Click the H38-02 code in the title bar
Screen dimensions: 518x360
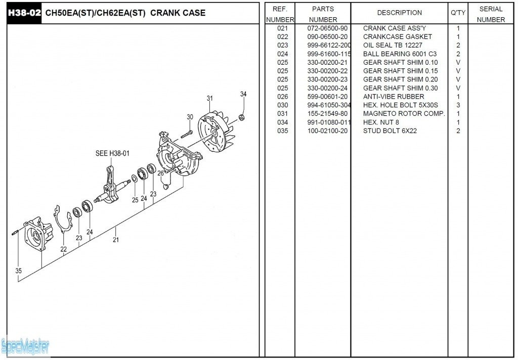tap(24, 13)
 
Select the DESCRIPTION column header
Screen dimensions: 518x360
tap(400, 13)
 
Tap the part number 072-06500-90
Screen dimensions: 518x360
tap(327, 28)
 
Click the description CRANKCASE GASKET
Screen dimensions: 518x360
tap(398, 37)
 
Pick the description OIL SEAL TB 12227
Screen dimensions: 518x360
tap(393, 45)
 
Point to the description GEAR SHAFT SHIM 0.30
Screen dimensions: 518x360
tap(401, 88)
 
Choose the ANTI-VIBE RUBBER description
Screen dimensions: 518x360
tap(394, 97)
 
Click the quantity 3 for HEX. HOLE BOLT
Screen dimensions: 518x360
tap(458, 105)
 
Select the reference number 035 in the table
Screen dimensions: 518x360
tap(282, 131)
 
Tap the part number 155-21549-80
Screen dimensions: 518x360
tap(327, 114)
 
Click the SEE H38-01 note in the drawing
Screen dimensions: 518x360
tap(112, 153)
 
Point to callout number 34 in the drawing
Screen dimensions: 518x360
tap(243, 94)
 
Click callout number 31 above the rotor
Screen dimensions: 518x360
tap(210, 99)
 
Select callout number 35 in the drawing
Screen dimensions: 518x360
tap(19, 271)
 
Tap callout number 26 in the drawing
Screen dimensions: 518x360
tap(160, 173)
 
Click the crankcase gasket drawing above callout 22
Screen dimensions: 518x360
tap(63, 219)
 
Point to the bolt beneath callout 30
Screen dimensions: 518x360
tap(187, 134)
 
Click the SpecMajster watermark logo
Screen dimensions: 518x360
tap(25, 347)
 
